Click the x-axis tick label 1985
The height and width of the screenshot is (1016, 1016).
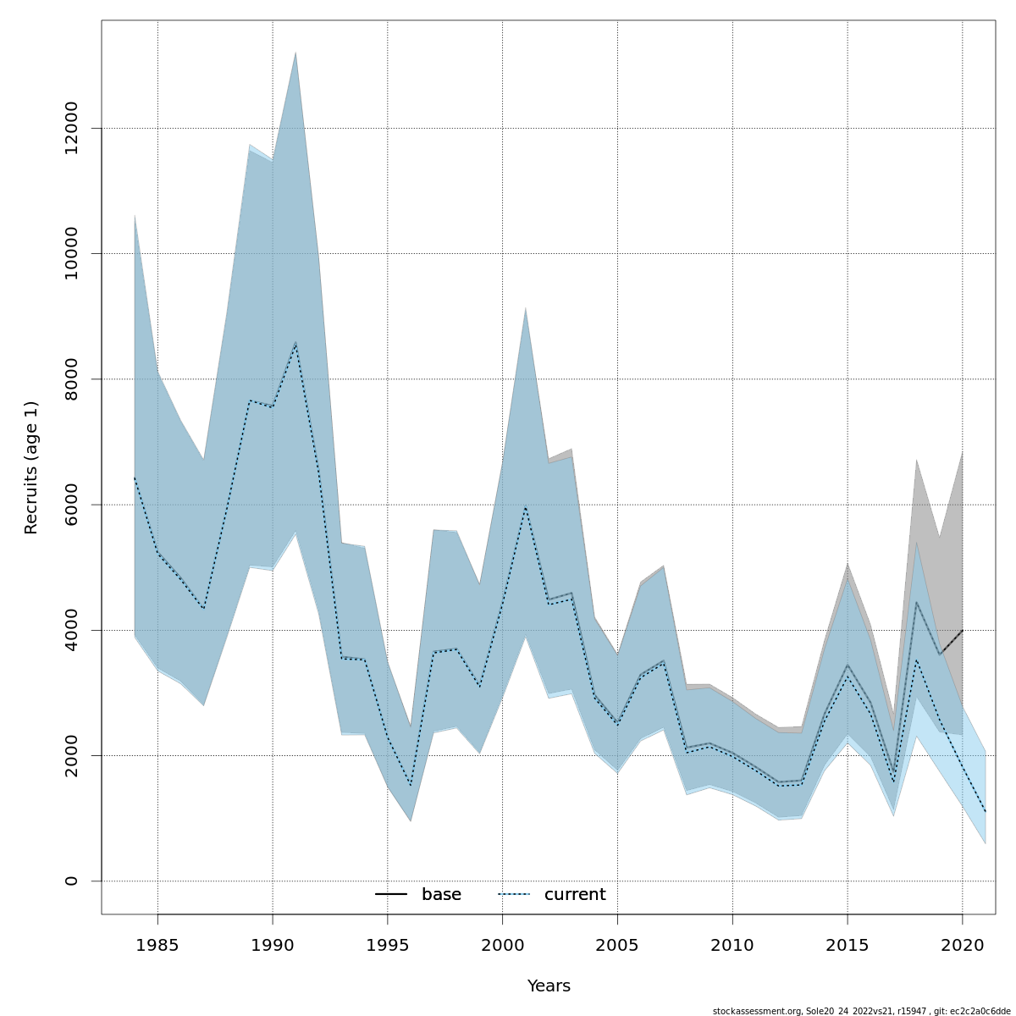pyautogui.click(x=157, y=944)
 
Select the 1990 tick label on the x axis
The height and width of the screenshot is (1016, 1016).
pyautogui.click(x=273, y=944)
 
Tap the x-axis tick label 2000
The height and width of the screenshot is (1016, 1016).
pyautogui.click(x=503, y=944)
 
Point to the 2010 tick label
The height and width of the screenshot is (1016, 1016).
pyautogui.click(x=732, y=944)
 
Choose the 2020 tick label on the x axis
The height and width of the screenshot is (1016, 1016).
pyautogui.click(x=963, y=944)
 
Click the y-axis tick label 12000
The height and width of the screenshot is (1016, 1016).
pyautogui.click(x=71, y=128)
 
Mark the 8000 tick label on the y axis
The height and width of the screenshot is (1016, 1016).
pyautogui.click(x=71, y=379)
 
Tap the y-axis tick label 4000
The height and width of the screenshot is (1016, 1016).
pyautogui.click(x=71, y=630)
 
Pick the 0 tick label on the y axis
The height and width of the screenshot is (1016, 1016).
pyautogui.click(x=71, y=881)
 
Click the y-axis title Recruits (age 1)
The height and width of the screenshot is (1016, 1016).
pyautogui.click(x=31, y=467)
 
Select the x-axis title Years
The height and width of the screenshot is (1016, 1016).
pyautogui.click(x=549, y=986)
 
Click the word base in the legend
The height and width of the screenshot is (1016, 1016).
pyautogui.click(x=441, y=895)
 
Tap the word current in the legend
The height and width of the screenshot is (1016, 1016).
pyautogui.click(x=575, y=895)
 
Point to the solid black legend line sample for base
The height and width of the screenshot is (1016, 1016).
pyautogui.click(x=391, y=895)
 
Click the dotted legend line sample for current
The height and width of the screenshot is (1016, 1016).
pyautogui.click(x=514, y=895)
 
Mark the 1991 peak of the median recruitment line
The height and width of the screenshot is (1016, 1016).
pyautogui.click(x=295, y=343)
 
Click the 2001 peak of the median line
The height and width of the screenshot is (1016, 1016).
pyautogui.click(x=526, y=508)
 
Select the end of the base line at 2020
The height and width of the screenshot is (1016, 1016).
pyautogui.click(x=963, y=630)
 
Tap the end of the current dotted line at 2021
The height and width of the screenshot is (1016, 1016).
pyautogui.click(x=986, y=812)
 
